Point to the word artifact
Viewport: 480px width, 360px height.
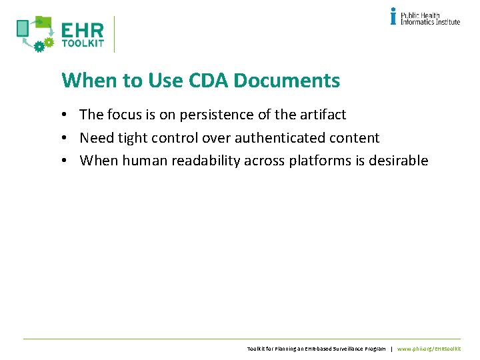coord(323,115)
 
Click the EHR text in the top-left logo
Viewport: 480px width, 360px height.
coord(83,31)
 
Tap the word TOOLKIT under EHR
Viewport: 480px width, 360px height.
coord(83,44)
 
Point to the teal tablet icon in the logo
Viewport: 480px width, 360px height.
coord(23,28)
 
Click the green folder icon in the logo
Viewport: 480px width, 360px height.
coord(43,22)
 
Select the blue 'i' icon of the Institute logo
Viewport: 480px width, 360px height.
coord(393,16)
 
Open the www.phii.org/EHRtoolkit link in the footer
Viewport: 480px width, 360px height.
coord(429,349)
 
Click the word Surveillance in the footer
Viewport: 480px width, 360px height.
coord(340,349)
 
